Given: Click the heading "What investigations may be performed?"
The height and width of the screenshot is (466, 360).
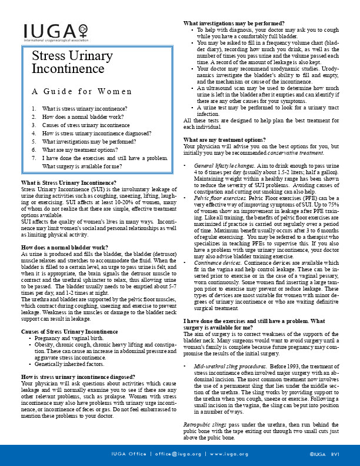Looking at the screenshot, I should [x=234, y=24].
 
